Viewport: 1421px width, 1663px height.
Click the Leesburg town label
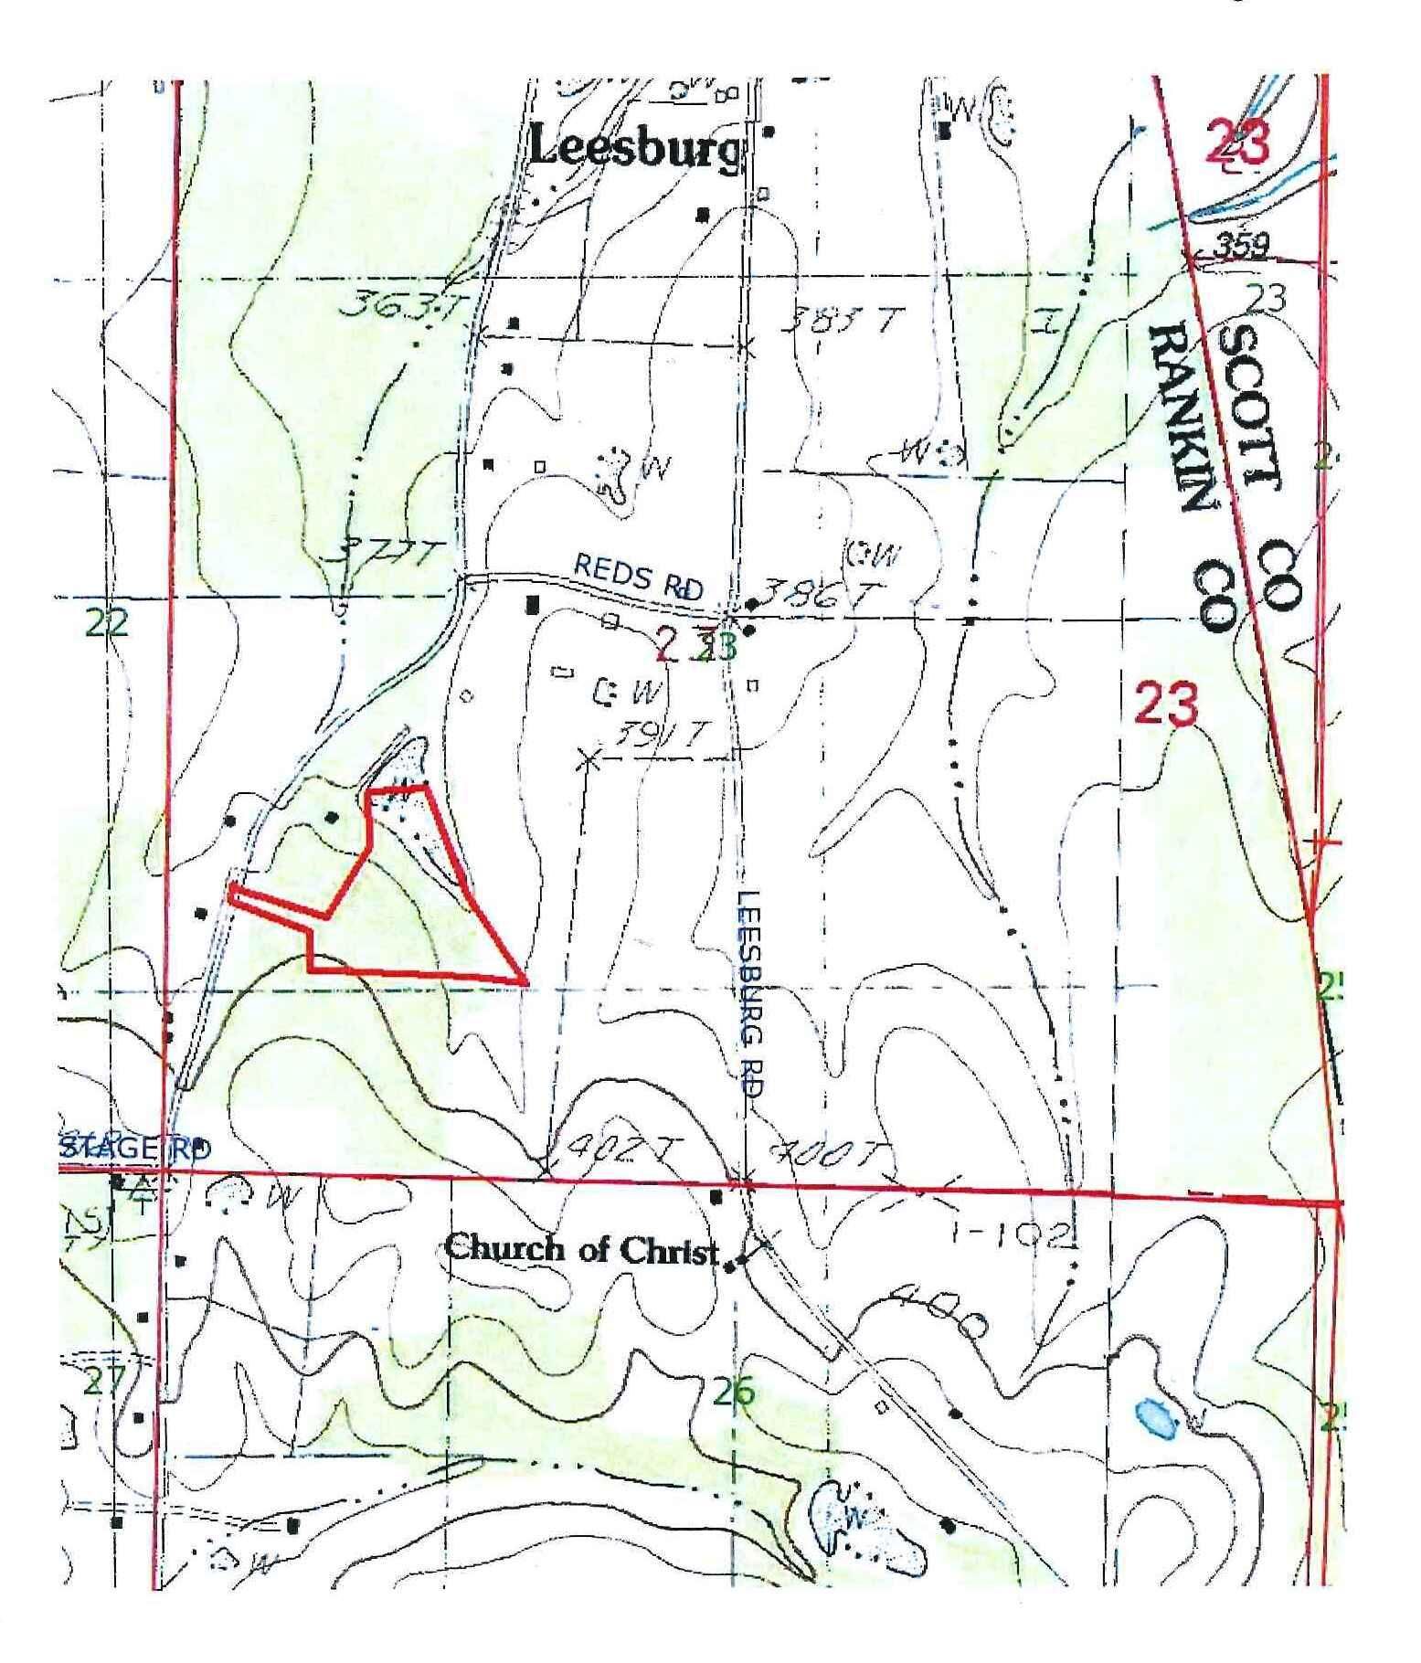point(634,149)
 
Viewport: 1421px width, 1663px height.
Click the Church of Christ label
point(582,1250)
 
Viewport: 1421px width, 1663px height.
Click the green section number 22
point(107,623)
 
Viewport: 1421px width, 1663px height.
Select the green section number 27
point(104,1382)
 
